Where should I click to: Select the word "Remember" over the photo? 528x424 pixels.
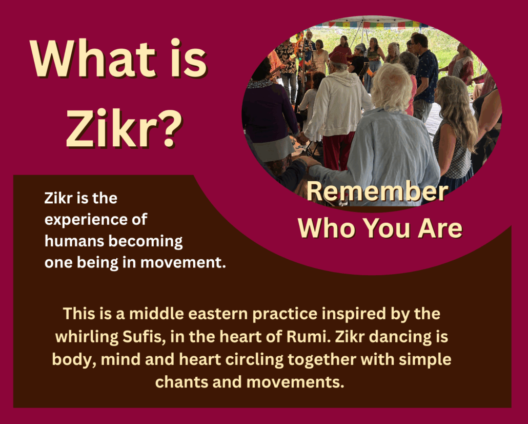pos(377,191)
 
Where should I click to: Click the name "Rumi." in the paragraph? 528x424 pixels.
pos(308,337)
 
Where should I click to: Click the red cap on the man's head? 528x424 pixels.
pos(338,59)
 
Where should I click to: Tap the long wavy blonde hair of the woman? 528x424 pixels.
pos(456,107)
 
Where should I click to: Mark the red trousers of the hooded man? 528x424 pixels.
pos(338,150)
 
